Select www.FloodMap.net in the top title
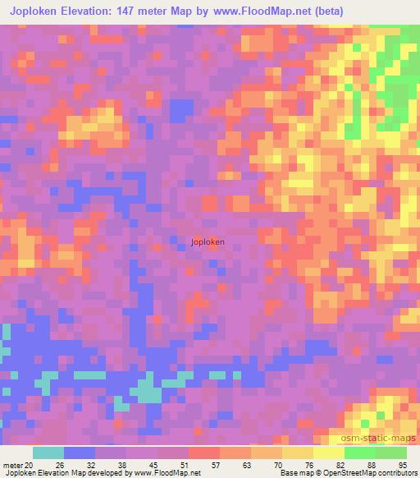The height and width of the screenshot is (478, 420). (262, 11)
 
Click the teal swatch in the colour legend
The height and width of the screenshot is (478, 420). (48, 453)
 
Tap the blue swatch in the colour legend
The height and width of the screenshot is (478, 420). (80, 453)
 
